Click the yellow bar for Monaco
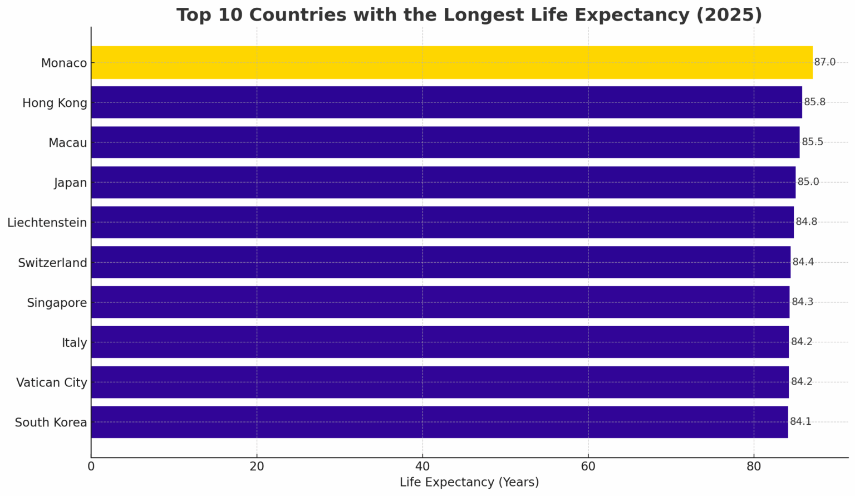click(x=451, y=62)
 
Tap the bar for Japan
click(x=443, y=182)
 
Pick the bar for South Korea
click(x=439, y=422)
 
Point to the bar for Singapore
click(x=440, y=302)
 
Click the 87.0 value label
click(x=824, y=62)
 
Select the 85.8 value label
click(x=814, y=102)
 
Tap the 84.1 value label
click(x=800, y=422)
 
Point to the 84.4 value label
click(x=803, y=262)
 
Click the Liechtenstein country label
click(x=47, y=223)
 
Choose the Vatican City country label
click(x=52, y=383)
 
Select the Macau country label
click(x=68, y=143)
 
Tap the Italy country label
click(x=75, y=343)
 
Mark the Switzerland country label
click(x=53, y=263)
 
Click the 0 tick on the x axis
click(x=91, y=466)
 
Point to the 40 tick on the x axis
click(x=422, y=466)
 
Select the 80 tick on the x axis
click(x=754, y=466)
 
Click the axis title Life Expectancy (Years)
click(x=469, y=483)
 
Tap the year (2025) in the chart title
click(x=728, y=15)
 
